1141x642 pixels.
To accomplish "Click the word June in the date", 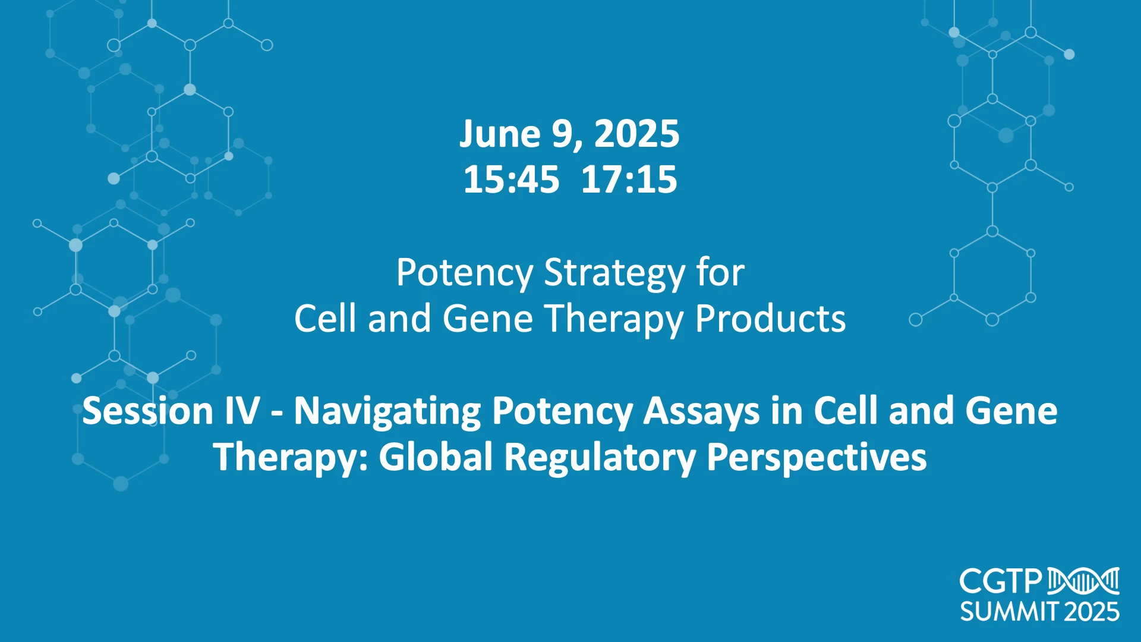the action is click(500, 134).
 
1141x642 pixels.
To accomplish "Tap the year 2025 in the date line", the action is click(636, 134).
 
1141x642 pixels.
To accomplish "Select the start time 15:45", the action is click(511, 180).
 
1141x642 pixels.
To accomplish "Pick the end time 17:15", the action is click(629, 180).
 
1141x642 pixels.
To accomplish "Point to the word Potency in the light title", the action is click(464, 273).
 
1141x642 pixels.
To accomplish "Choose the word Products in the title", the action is click(770, 319).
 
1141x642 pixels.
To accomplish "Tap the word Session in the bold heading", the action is click(147, 411).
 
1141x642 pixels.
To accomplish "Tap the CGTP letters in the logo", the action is click(1001, 581).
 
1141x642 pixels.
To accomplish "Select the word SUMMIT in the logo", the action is click(1010, 612).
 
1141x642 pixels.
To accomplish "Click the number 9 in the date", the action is click(562, 134).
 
